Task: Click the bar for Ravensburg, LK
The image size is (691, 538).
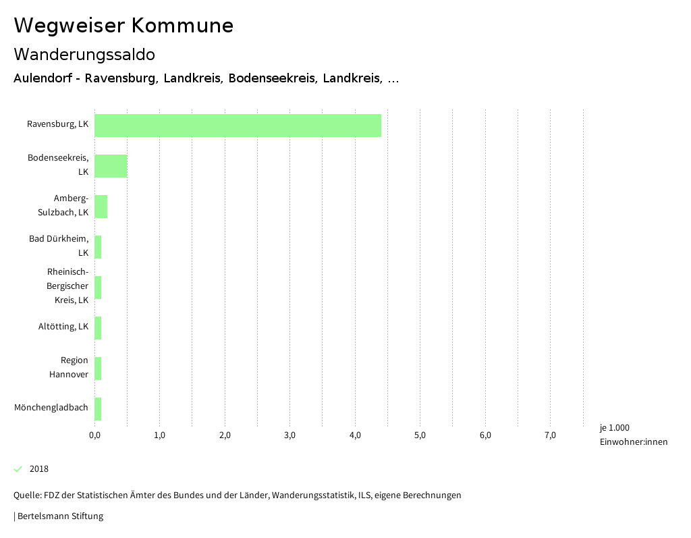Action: click(238, 126)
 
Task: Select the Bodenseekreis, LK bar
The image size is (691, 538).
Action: click(111, 166)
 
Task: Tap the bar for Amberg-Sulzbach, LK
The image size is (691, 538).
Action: click(101, 207)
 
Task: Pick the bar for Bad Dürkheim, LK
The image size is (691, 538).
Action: click(98, 247)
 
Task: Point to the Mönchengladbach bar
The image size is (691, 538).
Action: click(98, 409)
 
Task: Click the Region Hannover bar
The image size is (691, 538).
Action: click(98, 369)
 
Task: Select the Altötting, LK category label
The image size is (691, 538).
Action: click(63, 327)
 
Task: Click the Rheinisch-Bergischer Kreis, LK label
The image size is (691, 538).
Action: click(67, 286)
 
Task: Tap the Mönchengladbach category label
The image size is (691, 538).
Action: click(51, 408)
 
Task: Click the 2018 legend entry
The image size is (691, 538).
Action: click(39, 469)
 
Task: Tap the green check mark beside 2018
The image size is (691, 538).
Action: click(18, 469)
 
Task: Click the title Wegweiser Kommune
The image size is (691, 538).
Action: click(123, 26)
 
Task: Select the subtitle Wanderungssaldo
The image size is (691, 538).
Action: click(84, 54)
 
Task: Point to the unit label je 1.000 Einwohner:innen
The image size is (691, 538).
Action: click(633, 435)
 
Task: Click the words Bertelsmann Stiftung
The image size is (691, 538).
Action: click(60, 516)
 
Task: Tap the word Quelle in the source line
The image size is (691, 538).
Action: click(26, 495)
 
